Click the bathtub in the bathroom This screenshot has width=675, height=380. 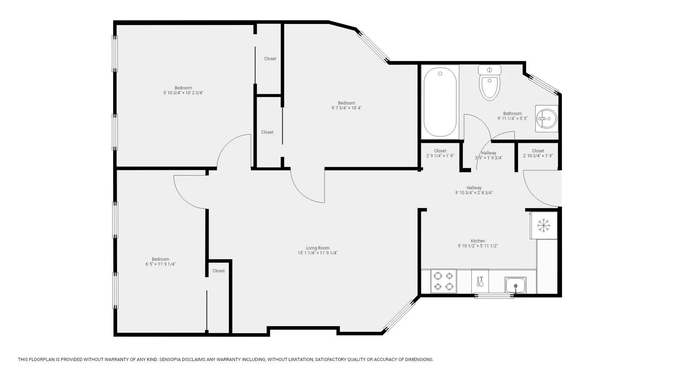pyautogui.click(x=440, y=102)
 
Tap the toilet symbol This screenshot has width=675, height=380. pyautogui.click(x=489, y=83)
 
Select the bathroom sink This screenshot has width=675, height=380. pyautogui.click(x=546, y=119)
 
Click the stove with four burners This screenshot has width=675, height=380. pyautogui.click(x=443, y=281)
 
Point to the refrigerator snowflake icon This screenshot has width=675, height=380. pyautogui.click(x=544, y=225)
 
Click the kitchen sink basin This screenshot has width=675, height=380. pyautogui.click(x=515, y=285)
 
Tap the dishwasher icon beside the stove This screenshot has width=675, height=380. pyautogui.click(x=480, y=281)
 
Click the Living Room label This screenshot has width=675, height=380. pyautogui.click(x=317, y=248)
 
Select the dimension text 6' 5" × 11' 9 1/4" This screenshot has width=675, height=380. pyautogui.click(x=160, y=264)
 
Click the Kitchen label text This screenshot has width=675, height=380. pyautogui.click(x=478, y=241)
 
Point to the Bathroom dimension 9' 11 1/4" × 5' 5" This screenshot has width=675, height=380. pyautogui.click(x=512, y=119)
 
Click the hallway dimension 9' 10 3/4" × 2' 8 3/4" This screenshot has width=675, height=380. pyautogui.click(x=474, y=193)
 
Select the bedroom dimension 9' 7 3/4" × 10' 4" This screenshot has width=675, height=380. pyautogui.click(x=346, y=108)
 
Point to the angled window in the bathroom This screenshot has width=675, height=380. pyautogui.click(x=544, y=85)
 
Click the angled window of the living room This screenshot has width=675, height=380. pyautogui.click(x=399, y=316)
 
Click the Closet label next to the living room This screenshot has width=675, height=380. pyautogui.click(x=218, y=271)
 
